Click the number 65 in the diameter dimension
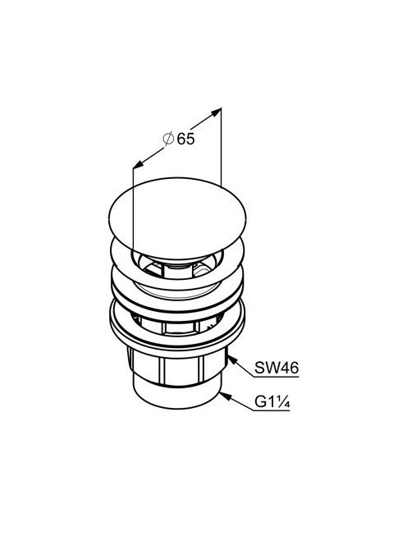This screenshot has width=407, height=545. [186, 139]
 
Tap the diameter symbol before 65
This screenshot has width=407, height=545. [168, 139]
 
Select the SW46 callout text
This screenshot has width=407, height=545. [277, 368]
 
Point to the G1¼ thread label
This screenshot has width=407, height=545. [272, 402]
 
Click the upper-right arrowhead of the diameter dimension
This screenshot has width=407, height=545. [217, 112]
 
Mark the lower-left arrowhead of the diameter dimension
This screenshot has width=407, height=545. [138, 164]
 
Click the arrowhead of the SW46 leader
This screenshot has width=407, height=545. [231, 360]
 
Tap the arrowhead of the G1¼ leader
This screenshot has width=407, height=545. [224, 395]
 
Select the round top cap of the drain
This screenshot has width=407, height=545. [177, 218]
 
